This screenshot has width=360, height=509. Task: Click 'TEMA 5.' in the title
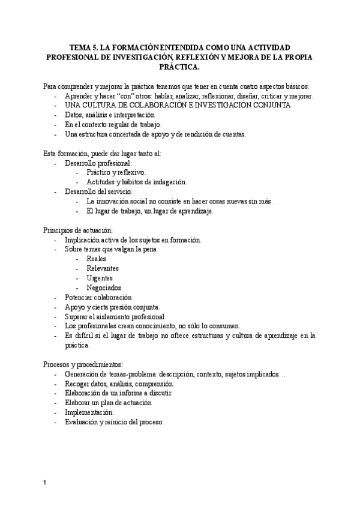tap(83, 46)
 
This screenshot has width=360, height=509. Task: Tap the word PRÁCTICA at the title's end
tap(180, 67)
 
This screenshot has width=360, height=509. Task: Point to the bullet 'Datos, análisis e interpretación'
tap(110, 115)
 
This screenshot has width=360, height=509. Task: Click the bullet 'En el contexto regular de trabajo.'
tap(113, 124)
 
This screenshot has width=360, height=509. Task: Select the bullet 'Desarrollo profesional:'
tap(99, 163)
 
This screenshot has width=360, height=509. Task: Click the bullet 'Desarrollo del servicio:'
tap(99, 191)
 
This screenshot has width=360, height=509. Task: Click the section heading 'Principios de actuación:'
tap(77, 230)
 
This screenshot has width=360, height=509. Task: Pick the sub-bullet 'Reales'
tap(97, 259)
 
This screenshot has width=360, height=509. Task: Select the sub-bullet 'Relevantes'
tap(103, 268)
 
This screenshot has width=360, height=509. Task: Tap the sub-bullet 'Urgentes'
tap(100, 278)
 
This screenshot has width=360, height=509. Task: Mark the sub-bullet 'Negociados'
tap(104, 288)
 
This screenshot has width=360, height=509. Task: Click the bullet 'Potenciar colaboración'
tap(98, 297)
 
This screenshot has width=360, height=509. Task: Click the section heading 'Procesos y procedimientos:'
tap(83, 364)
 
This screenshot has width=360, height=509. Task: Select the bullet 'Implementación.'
tap(89, 412)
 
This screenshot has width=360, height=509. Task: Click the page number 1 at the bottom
tap(45, 483)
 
